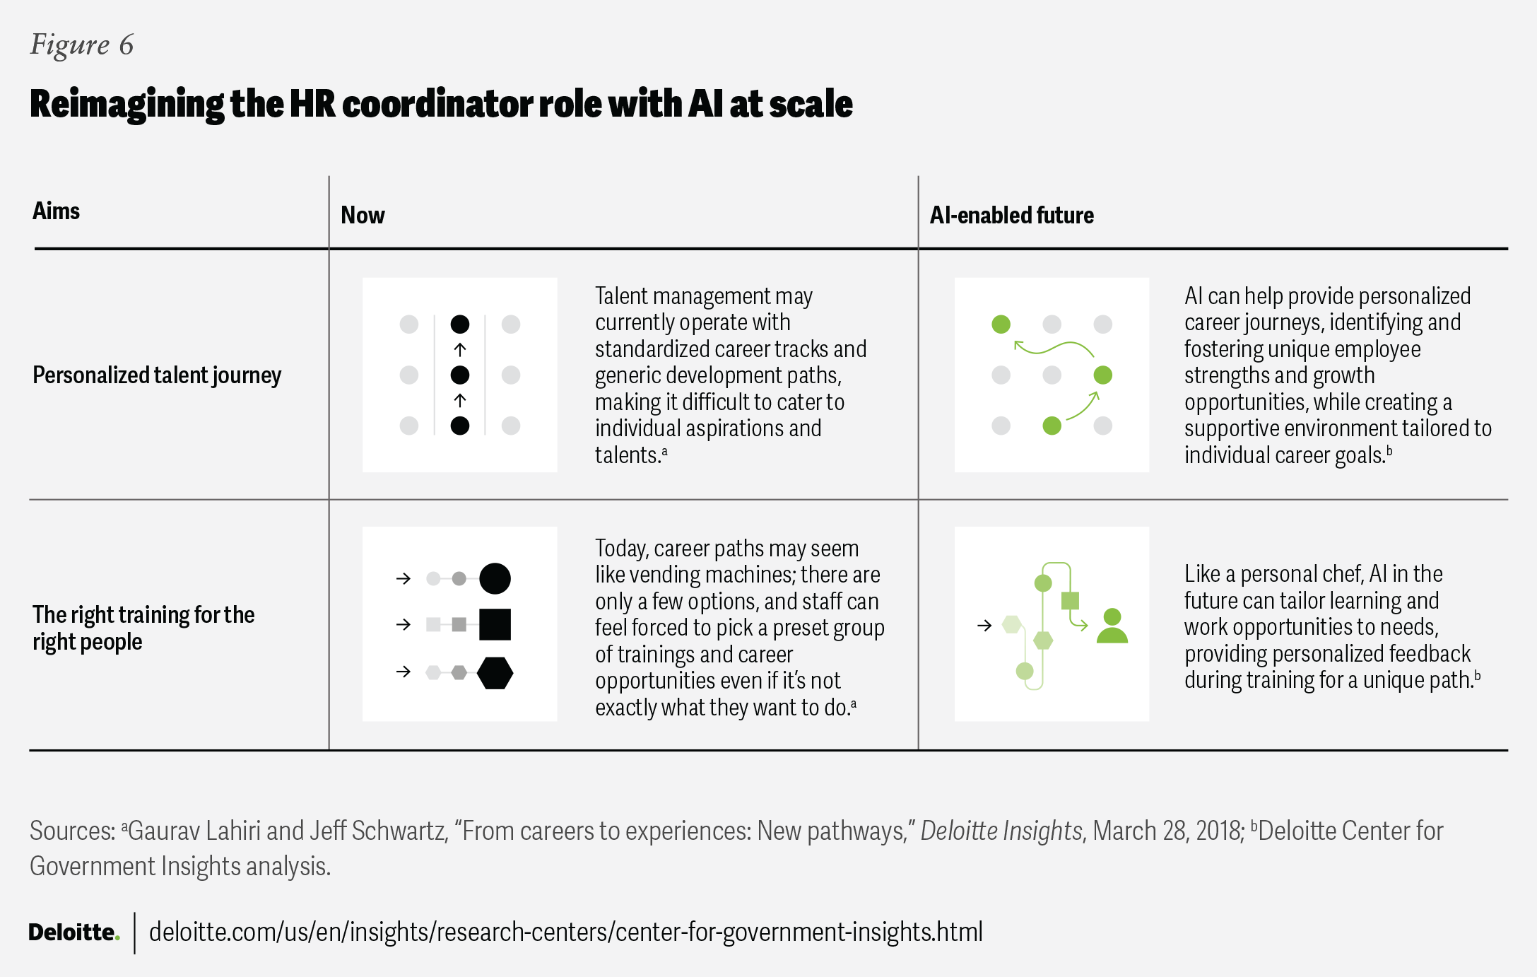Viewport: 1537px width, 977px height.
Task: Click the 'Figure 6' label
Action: click(x=81, y=45)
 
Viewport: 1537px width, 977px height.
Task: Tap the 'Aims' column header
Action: click(x=57, y=211)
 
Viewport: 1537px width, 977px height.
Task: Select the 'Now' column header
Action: click(x=363, y=216)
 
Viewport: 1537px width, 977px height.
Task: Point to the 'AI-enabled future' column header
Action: click(x=1011, y=216)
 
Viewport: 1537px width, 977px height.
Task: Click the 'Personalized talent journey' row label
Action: click(x=157, y=375)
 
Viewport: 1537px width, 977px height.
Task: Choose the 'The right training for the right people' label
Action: click(x=143, y=628)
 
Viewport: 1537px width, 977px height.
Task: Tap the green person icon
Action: click(x=1112, y=626)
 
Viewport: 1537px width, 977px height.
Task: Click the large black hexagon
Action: click(x=495, y=672)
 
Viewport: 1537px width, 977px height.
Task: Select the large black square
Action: click(x=495, y=624)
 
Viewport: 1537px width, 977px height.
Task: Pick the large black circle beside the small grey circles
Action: click(x=495, y=578)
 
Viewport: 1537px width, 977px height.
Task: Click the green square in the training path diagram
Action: click(x=1070, y=601)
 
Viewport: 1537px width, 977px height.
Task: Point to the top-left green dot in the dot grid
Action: click(x=1001, y=324)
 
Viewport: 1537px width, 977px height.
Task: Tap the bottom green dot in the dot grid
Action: click(x=1052, y=426)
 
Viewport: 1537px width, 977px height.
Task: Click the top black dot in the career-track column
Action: click(x=459, y=324)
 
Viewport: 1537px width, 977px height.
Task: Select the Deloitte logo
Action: click(x=73, y=932)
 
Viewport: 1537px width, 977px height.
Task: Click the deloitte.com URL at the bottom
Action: click(x=565, y=932)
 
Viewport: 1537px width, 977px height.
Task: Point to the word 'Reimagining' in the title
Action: click(x=126, y=105)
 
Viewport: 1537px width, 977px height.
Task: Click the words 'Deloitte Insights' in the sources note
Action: click(x=1001, y=831)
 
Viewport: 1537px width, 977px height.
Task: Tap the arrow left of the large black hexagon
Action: click(x=404, y=672)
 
